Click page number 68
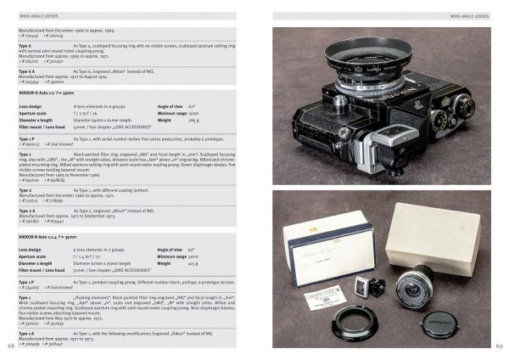coord(10,346)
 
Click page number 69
coord(499,346)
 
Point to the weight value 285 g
coord(193,121)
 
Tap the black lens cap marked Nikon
coord(437,322)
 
